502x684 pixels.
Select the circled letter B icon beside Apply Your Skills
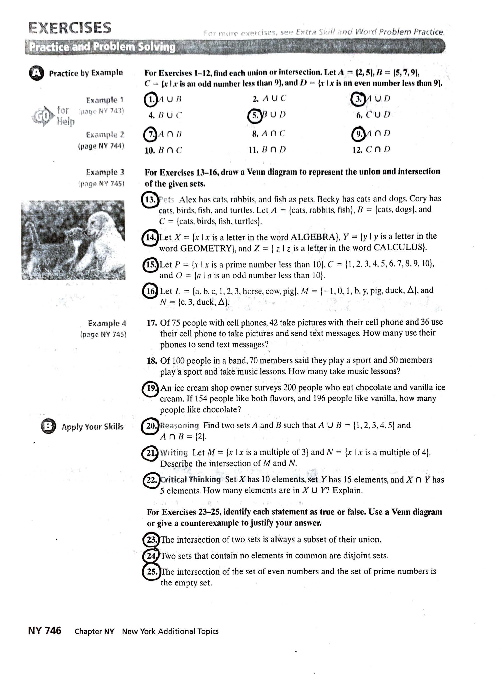[48, 426]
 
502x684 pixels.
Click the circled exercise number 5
[255, 115]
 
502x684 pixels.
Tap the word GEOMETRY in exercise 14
[206, 248]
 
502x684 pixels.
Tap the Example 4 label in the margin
[107, 323]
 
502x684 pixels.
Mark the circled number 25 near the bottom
[151, 572]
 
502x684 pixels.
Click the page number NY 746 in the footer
[45, 631]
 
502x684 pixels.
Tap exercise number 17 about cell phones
[152, 323]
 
